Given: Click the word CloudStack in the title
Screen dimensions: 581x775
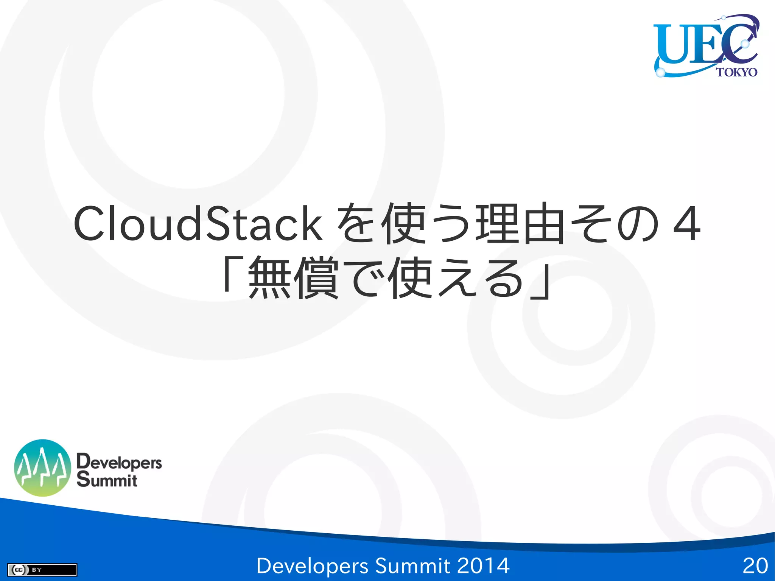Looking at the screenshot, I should [x=198, y=224].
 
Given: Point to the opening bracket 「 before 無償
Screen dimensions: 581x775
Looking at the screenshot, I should [x=231, y=274].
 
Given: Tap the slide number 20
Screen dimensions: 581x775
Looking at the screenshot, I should [x=755, y=566].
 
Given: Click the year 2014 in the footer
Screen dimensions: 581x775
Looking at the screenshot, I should [x=483, y=566].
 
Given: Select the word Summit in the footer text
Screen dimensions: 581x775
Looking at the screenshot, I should [x=412, y=566].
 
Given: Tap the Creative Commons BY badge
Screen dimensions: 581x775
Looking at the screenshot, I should [x=42, y=570].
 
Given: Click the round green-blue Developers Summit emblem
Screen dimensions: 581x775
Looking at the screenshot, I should [x=42, y=468].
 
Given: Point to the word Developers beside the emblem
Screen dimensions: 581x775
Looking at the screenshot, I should [x=119, y=462].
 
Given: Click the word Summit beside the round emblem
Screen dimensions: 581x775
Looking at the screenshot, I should [x=107, y=480].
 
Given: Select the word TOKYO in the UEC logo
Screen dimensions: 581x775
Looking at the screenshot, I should [x=736, y=72].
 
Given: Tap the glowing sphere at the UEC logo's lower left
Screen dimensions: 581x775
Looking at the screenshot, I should [x=660, y=72].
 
